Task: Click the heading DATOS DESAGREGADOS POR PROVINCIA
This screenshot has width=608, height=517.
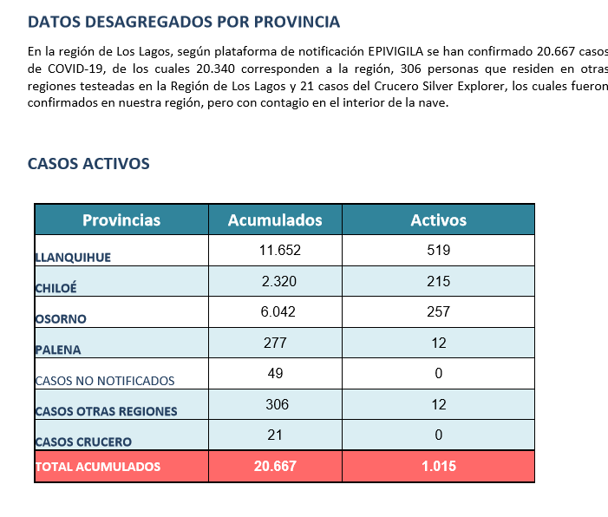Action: (x=184, y=22)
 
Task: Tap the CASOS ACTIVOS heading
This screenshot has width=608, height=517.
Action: (x=88, y=164)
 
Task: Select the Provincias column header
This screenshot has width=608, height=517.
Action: (x=121, y=220)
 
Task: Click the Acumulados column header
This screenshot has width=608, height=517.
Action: (x=275, y=220)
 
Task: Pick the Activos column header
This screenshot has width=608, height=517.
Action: (x=439, y=220)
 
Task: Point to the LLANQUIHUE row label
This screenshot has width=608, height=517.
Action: (x=73, y=258)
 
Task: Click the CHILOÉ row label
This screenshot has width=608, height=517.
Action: (x=56, y=288)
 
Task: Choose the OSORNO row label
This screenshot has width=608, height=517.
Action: (x=61, y=319)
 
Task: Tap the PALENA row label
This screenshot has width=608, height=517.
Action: (x=58, y=350)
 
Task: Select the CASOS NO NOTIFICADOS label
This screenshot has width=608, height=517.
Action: (x=105, y=381)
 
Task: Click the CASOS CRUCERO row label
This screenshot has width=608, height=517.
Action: (x=83, y=442)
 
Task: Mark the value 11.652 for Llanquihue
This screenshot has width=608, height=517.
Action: (x=279, y=250)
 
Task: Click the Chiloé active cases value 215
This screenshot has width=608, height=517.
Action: (x=439, y=281)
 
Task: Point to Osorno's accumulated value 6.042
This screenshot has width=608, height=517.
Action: (x=278, y=311)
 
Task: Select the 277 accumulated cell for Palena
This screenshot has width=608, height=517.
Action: (x=275, y=343)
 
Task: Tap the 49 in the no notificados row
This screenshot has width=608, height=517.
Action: (x=275, y=373)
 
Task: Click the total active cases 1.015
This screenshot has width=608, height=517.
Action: (x=439, y=466)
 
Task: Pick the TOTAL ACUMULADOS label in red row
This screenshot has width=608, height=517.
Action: (x=98, y=467)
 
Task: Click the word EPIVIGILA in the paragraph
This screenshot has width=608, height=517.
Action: (x=396, y=51)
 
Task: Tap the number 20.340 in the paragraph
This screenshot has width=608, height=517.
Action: (x=216, y=69)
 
